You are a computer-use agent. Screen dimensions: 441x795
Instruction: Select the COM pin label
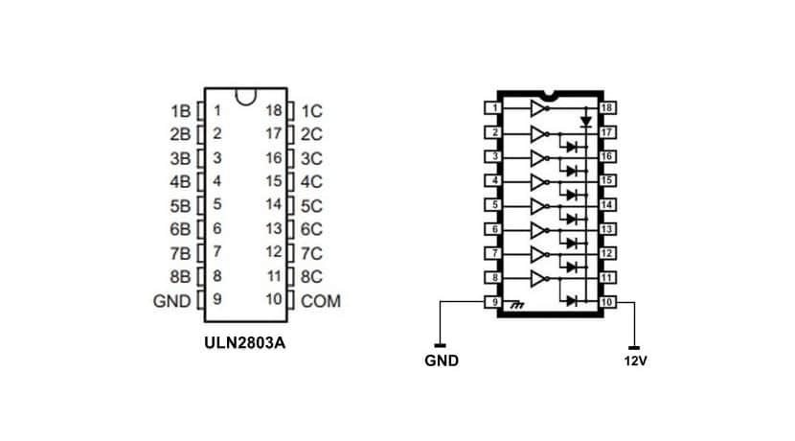tap(321, 301)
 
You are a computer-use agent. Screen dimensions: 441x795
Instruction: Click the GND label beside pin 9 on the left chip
tap(172, 301)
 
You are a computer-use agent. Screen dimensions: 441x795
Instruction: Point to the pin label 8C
tap(312, 277)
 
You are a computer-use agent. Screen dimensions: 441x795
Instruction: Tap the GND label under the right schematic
tap(441, 361)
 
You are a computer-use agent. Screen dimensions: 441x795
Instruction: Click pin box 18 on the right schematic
tap(606, 107)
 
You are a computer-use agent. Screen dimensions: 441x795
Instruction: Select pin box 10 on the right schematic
tap(606, 302)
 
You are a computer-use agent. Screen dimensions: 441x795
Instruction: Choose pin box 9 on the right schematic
tap(493, 302)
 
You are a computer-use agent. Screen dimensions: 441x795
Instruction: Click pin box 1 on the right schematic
tap(493, 107)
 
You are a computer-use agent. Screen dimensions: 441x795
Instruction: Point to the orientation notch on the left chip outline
tap(247, 97)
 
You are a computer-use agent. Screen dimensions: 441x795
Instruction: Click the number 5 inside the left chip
tap(217, 204)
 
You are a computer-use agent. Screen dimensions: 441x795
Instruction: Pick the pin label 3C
tap(312, 157)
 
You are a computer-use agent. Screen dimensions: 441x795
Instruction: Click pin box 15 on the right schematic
tap(606, 180)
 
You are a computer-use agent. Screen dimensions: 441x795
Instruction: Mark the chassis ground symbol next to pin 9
tap(518, 305)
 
